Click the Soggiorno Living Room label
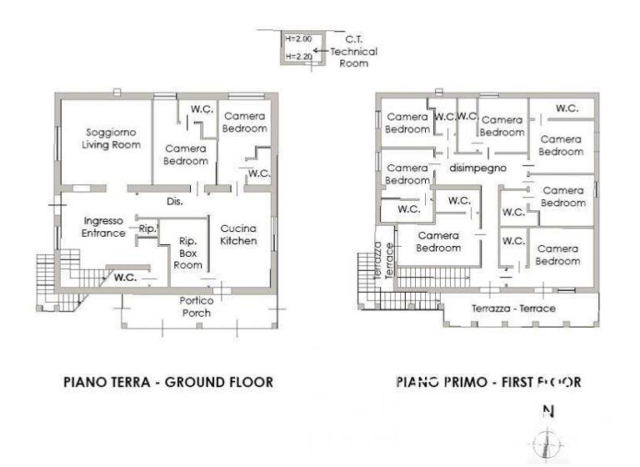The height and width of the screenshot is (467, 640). click(104, 138)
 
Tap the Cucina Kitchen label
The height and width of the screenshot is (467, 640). click(238, 234)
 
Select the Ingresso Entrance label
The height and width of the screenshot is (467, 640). click(103, 227)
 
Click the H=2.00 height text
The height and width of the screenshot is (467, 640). click(298, 39)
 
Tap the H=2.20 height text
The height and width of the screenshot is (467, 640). click(298, 57)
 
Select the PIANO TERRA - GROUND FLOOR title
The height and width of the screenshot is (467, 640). click(168, 383)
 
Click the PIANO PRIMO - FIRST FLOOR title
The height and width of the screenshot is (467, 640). click(488, 383)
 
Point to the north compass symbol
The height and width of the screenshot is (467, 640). click(547, 442)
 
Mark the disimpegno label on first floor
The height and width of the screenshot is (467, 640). click(478, 168)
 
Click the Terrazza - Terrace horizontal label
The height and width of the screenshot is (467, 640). click(513, 309)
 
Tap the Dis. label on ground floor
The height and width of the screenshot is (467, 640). click(174, 201)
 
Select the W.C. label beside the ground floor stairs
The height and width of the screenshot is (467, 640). click(125, 277)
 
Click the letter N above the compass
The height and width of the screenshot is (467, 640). click(547, 410)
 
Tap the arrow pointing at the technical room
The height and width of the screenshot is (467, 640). click(321, 51)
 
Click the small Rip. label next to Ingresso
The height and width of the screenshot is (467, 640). click(147, 228)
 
